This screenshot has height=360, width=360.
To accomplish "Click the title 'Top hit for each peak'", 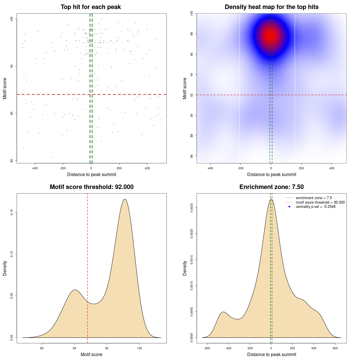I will [x=91, y=7].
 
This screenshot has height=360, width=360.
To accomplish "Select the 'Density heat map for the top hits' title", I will [x=271, y=7].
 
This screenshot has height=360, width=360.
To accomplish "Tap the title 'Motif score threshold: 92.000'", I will [x=91, y=187].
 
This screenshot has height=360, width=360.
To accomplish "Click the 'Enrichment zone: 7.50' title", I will [x=271, y=187].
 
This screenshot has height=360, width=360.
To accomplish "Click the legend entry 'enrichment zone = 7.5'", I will [x=314, y=198].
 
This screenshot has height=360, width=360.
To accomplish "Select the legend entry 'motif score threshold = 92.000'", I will [x=320, y=202].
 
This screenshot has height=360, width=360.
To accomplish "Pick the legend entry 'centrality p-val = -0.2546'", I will [x=316, y=207].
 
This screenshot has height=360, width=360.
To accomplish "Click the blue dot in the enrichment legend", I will [x=289, y=207].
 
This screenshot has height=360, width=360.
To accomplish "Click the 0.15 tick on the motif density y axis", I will [x=12, y=212].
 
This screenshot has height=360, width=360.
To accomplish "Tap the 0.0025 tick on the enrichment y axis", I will [x=192, y=208].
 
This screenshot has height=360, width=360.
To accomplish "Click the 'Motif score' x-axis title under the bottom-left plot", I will [x=91, y=354].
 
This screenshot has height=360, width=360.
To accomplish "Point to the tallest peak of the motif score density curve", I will [x=125, y=199].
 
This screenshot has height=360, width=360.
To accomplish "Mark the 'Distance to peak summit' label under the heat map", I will [x=271, y=174].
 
